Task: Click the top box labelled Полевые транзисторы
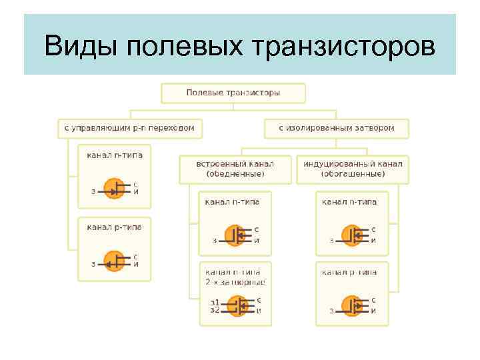[x=233, y=92]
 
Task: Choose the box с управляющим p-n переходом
[x=129, y=127]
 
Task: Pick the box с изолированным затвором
[x=336, y=127]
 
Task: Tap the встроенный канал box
[x=235, y=169]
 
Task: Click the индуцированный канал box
[x=353, y=169]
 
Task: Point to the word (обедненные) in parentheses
[x=235, y=174]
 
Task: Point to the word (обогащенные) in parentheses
[x=353, y=174]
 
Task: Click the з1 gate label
[x=215, y=303]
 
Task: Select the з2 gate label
[x=215, y=310]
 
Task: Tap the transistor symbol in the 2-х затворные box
[x=236, y=306]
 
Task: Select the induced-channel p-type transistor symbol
[x=353, y=306]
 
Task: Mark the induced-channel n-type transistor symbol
[x=353, y=235]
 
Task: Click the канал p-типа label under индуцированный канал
[x=349, y=272]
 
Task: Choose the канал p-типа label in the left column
[x=114, y=227]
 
